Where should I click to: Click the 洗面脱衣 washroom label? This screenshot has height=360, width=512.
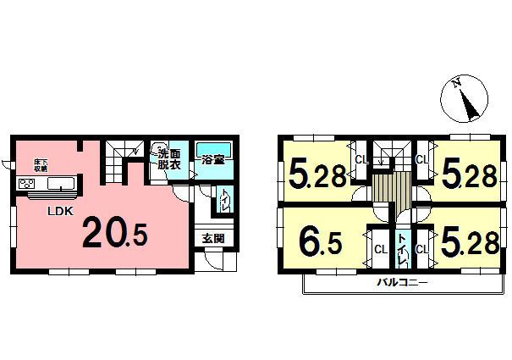point(167,158)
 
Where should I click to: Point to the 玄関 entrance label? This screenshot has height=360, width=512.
point(212,239)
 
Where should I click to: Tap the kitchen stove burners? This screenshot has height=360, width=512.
point(25,185)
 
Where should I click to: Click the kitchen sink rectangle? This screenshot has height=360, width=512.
point(60,185)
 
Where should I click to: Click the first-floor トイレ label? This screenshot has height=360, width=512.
point(224,202)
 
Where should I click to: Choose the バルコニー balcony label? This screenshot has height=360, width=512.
point(402,283)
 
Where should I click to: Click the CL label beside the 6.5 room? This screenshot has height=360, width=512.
point(380,250)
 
